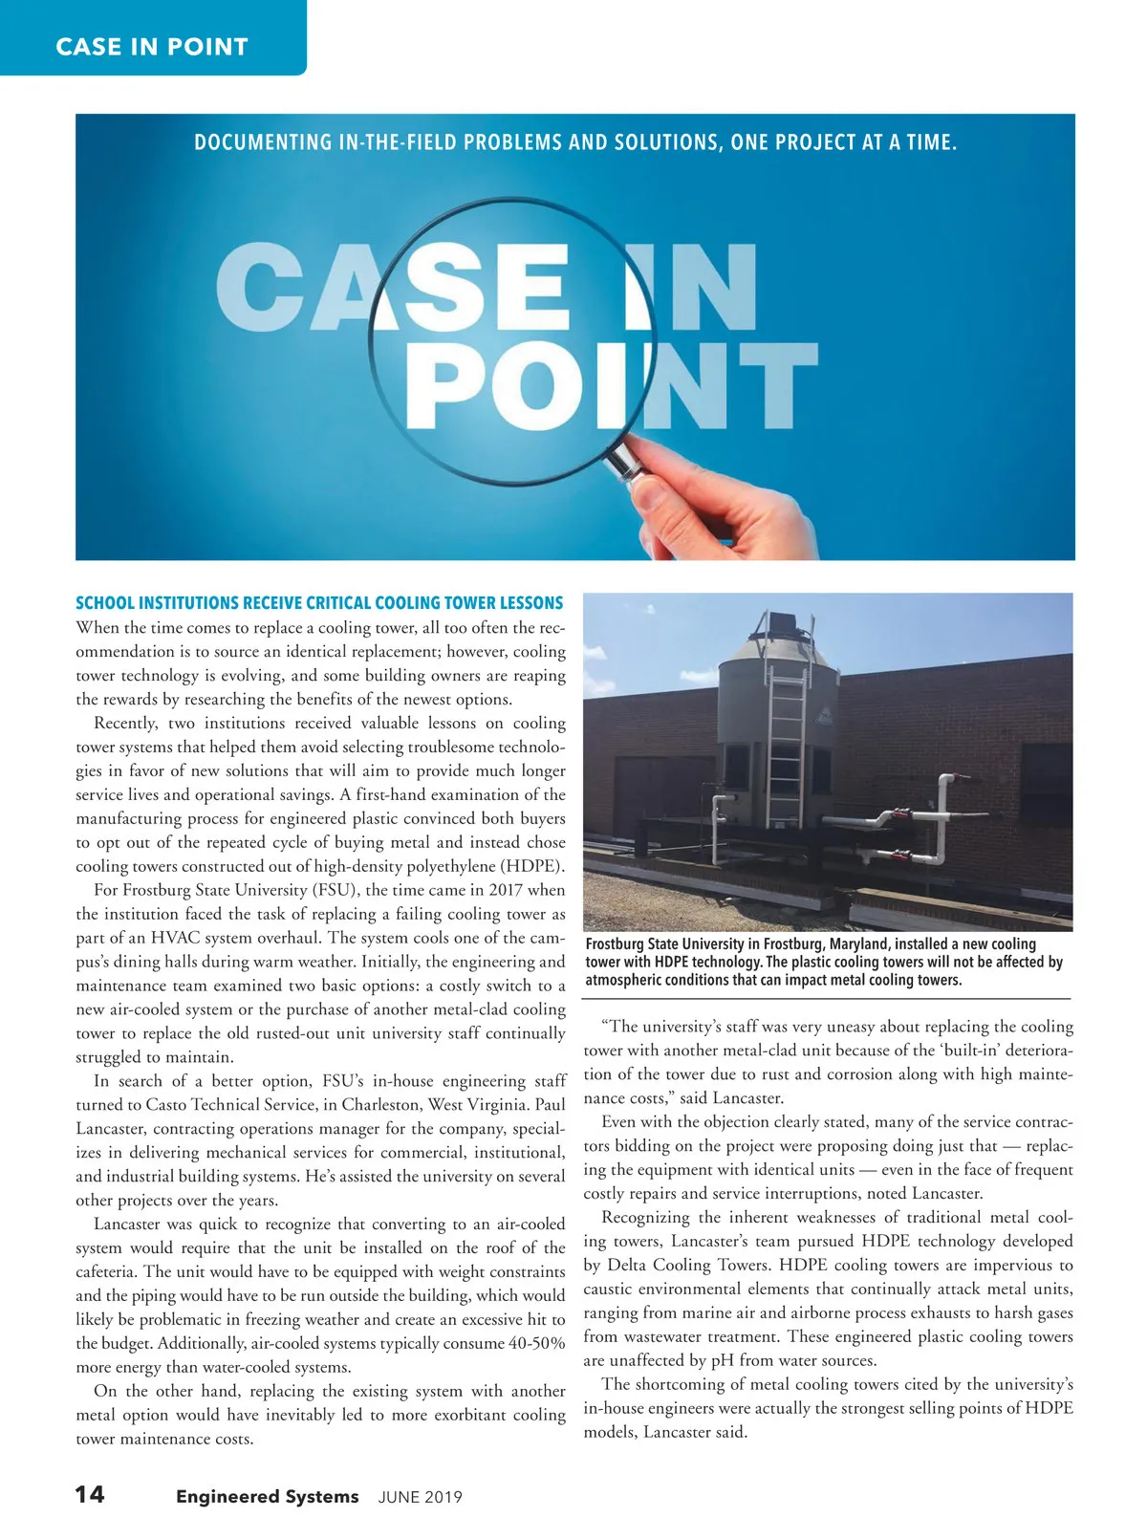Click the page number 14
(x=90, y=1494)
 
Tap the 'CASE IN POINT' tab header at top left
(x=152, y=46)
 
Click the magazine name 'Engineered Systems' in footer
(x=267, y=1496)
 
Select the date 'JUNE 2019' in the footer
(x=420, y=1497)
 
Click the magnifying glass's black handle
(x=622, y=458)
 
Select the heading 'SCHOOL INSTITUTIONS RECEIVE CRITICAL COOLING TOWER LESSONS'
(x=319, y=603)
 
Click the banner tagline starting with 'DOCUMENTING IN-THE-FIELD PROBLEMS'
(x=575, y=143)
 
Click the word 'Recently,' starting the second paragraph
(x=128, y=724)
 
